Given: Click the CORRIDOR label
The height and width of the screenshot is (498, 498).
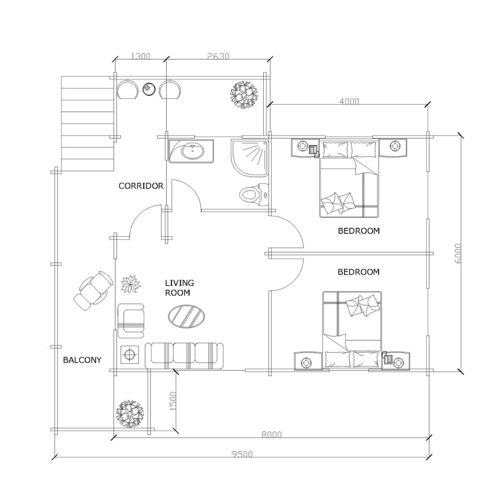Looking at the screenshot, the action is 141,186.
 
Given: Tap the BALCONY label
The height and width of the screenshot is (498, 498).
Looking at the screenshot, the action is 82,360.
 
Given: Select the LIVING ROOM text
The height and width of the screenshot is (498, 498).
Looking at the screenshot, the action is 179,288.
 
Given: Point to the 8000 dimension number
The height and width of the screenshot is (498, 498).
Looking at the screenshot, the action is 271,435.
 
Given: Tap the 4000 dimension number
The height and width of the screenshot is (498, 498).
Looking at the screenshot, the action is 349,101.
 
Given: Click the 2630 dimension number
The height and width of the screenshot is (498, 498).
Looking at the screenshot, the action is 219,56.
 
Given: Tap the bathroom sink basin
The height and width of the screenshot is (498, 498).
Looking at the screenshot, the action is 193,151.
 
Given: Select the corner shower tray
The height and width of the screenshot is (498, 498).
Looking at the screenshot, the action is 250,158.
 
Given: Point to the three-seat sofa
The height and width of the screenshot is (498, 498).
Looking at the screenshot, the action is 184,356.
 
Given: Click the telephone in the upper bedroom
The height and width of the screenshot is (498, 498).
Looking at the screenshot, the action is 314,151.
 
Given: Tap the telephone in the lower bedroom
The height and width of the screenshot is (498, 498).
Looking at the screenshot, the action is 388,358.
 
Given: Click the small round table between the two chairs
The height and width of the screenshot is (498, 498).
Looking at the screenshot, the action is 149,89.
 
